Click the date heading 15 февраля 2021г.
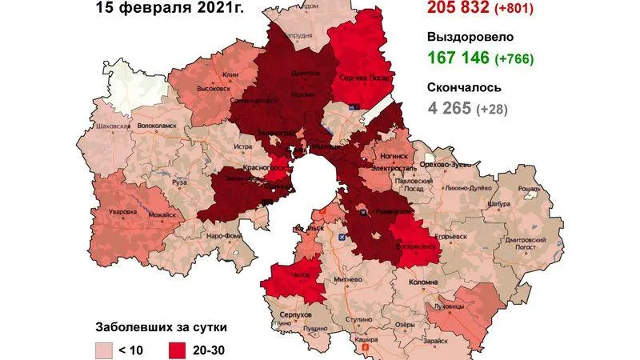(169, 9)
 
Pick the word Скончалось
(465, 87)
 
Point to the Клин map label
(231, 74)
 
